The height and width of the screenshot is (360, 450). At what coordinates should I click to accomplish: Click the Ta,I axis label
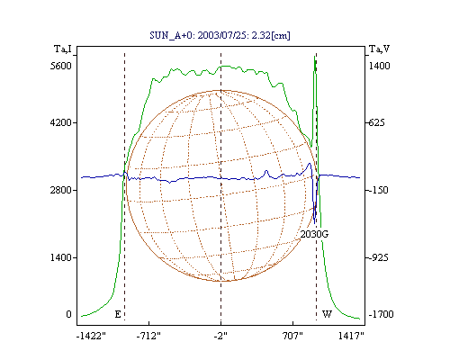tap(63, 49)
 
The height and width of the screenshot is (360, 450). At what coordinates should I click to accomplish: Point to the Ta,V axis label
tap(379, 49)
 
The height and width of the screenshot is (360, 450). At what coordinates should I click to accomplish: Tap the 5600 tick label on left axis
tap(61, 66)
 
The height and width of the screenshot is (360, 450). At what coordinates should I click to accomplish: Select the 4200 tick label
tap(61, 122)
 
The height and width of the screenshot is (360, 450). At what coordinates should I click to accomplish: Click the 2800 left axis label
tap(61, 190)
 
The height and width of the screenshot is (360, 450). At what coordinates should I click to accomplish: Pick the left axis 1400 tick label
tap(61, 257)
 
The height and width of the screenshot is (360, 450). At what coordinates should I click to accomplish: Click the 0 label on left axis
tap(68, 314)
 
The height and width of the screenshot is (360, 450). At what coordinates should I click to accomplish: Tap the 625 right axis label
tap(376, 122)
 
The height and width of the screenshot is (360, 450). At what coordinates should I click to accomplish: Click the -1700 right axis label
tap(381, 314)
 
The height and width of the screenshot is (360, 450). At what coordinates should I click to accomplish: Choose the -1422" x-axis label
tap(91, 336)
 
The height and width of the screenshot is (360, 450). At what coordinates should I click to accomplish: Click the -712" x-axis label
tap(148, 336)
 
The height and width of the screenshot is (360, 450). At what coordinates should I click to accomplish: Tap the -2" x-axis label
tap(220, 336)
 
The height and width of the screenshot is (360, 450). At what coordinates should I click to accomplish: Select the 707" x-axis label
tap(293, 336)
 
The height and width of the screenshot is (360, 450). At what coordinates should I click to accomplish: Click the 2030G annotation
tap(314, 234)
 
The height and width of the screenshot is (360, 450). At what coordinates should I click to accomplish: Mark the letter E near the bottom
tap(118, 314)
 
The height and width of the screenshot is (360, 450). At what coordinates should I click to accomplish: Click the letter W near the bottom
tap(327, 314)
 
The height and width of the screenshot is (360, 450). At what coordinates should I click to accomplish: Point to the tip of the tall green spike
tap(315, 56)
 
